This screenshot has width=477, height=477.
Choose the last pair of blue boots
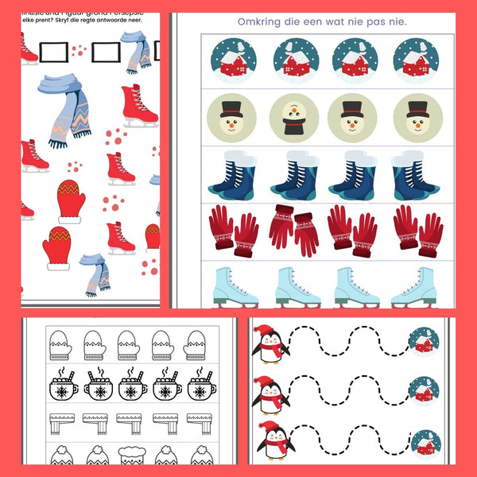413,174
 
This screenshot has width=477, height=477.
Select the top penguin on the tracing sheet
270,344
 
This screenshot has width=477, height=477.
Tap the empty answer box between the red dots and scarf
105,52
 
